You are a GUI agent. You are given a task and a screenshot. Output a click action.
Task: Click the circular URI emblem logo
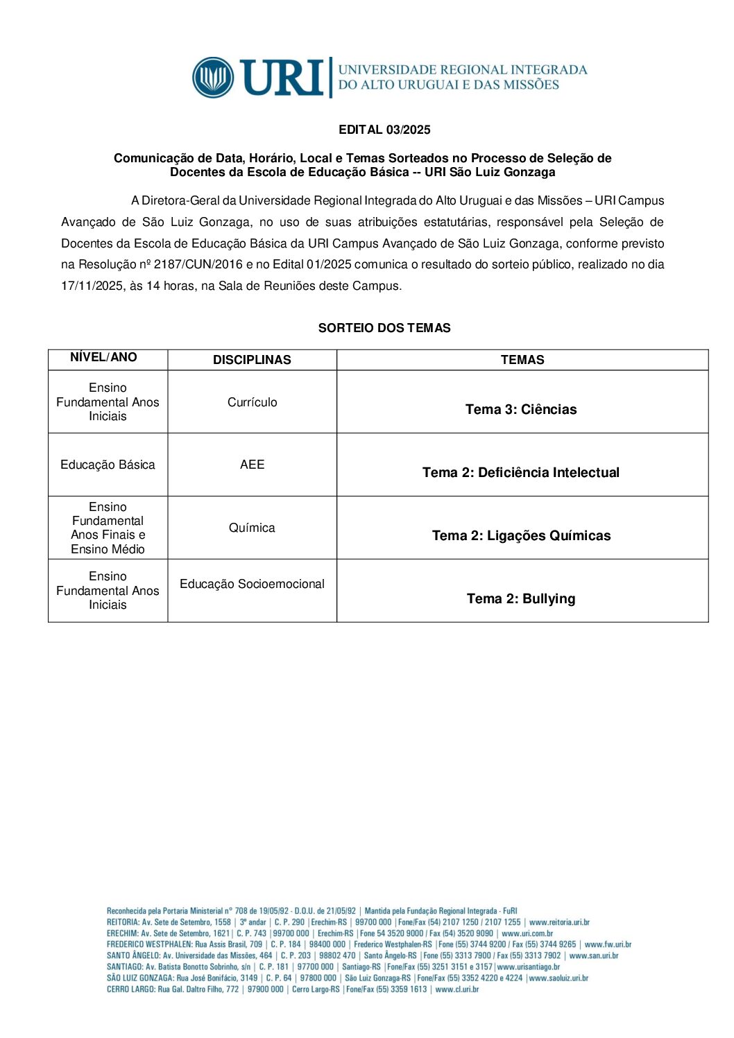213,77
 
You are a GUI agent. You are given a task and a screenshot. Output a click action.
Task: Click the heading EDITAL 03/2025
384,130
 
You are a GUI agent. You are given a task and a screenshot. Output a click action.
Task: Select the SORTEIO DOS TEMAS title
384,328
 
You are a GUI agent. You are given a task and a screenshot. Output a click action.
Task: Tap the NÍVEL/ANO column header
104,358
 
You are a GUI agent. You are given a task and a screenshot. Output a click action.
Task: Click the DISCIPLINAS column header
252,360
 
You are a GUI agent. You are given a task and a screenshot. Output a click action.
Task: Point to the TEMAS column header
522,360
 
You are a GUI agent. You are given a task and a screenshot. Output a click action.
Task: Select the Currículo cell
252,402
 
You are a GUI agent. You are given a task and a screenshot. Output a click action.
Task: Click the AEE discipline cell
252,465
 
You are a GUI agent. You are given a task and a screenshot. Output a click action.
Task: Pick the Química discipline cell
252,528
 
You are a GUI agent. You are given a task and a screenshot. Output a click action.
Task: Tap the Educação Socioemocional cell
252,584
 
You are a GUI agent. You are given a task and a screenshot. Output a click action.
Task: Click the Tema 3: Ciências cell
521,409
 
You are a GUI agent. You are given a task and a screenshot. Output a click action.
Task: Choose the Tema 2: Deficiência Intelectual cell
521,472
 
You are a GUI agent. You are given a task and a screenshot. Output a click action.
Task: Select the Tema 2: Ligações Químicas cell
521,535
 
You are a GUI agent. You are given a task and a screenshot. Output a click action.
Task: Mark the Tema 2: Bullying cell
521,598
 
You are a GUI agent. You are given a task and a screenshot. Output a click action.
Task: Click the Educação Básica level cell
108,465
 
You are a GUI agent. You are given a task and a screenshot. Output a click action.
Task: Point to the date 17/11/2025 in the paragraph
92,286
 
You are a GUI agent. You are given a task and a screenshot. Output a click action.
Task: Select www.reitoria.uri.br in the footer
559,923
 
